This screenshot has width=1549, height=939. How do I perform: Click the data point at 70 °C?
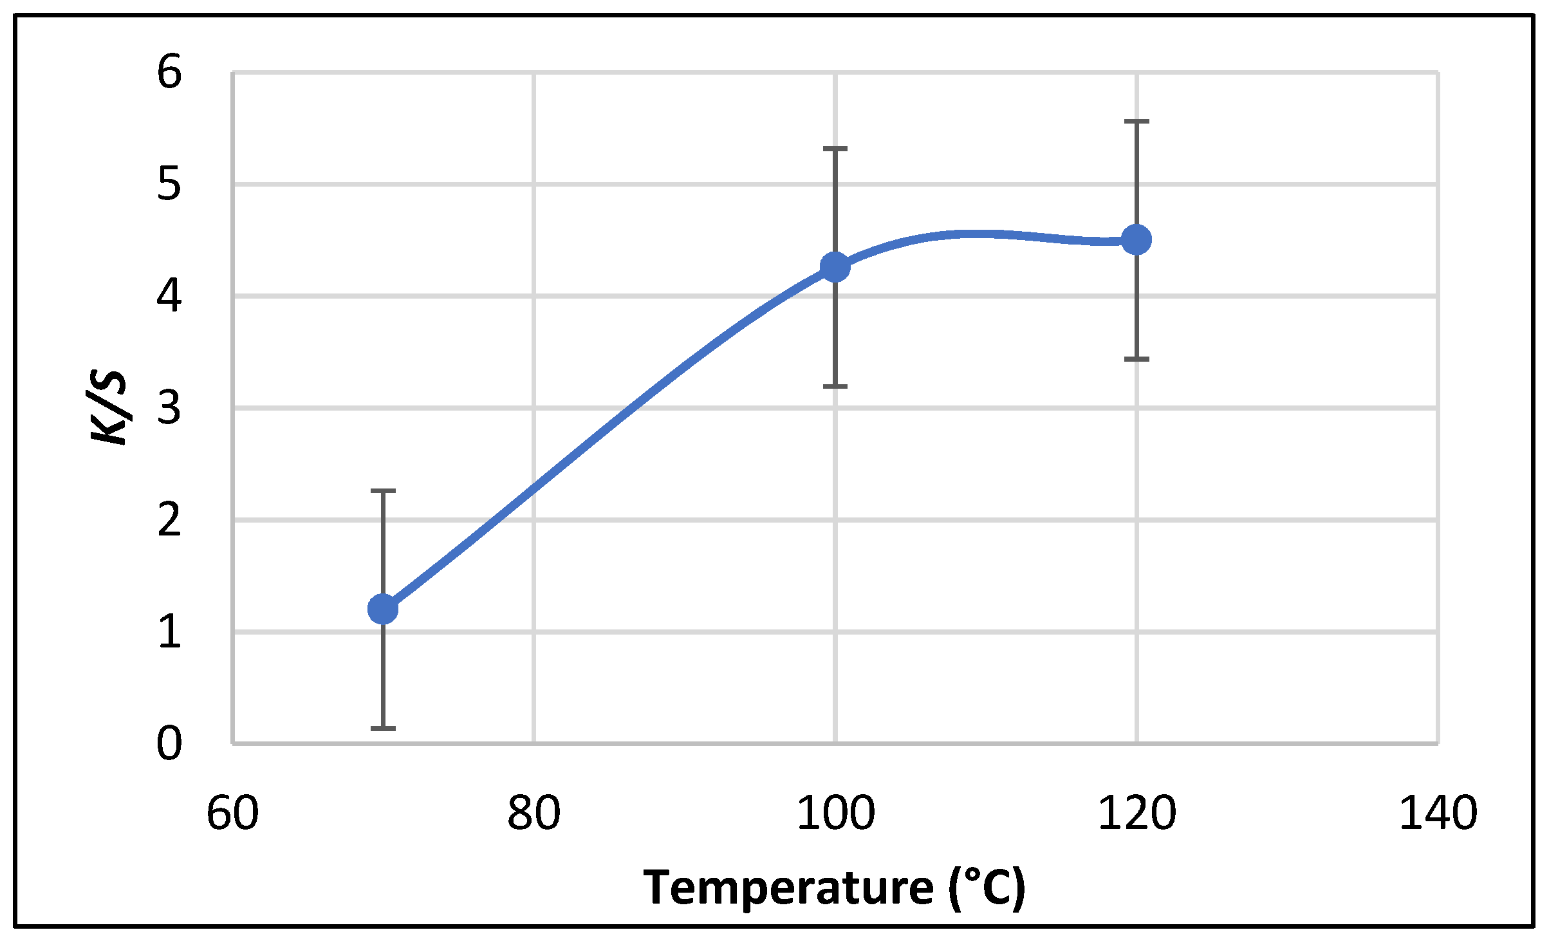(383, 609)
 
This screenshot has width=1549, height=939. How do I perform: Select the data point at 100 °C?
(835, 267)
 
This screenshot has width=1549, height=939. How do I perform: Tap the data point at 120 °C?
(1136, 240)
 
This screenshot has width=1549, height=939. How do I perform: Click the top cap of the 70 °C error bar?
(383, 491)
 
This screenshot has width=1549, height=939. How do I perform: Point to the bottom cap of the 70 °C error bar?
(383, 729)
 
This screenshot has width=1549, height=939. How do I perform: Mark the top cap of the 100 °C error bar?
(835, 149)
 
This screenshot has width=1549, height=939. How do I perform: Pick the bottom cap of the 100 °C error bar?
(835, 386)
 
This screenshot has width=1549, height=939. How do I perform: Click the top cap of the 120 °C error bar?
(1136, 121)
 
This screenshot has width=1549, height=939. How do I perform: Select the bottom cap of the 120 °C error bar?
(1136, 359)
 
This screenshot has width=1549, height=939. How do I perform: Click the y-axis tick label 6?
(169, 72)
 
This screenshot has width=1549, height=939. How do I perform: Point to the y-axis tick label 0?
(169, 744)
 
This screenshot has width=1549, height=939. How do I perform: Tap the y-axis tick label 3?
(169, 408)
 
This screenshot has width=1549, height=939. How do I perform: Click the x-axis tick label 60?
(232, 813)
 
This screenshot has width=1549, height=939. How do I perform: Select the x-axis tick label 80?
(533, 813)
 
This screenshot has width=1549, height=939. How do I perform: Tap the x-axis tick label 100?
(835, 813)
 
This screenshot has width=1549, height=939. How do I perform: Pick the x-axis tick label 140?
(1438, 813)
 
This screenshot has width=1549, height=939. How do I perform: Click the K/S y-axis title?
(108, 408)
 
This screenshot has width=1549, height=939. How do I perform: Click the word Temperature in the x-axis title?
(788, 888)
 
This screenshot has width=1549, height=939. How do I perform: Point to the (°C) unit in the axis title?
(987, 888)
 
